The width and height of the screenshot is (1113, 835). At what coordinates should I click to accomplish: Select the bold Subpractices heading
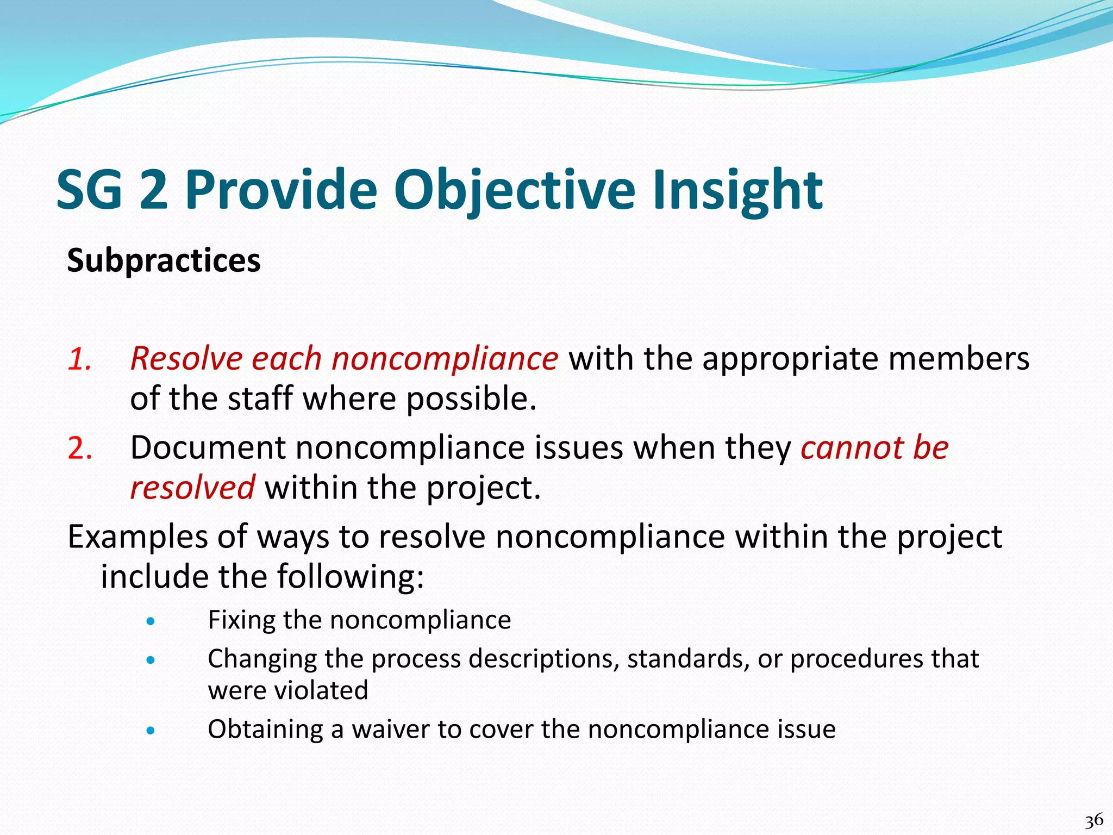point(164,260)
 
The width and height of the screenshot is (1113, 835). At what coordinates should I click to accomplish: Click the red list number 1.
point(79,359)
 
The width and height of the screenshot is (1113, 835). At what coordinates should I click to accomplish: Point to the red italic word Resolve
point(185,359)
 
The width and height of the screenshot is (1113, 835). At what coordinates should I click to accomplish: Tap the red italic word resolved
point(192,487)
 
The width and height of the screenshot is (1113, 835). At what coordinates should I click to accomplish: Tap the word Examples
point(137,537)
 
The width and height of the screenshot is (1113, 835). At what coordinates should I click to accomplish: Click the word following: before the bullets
point(351,576)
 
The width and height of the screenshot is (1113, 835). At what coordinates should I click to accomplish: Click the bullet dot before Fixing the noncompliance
point(151,621)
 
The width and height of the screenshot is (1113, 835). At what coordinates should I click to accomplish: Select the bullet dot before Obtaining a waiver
point(151,731)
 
